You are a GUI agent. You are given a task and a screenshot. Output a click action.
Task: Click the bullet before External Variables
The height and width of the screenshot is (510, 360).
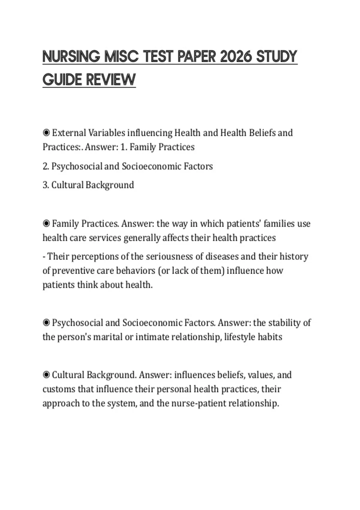(46, 133)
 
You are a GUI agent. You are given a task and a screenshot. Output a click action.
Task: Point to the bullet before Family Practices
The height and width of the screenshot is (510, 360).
(46, 223)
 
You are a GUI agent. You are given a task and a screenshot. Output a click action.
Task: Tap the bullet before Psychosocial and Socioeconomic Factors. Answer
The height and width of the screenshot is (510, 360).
(46, 323)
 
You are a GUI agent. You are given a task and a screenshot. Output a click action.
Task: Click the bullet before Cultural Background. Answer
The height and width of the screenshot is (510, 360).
(46, 375)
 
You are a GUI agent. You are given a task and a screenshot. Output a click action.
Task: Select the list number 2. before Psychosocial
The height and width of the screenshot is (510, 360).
(46, 166)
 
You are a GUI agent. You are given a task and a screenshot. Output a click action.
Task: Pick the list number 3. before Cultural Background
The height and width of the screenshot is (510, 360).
(46, 185)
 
